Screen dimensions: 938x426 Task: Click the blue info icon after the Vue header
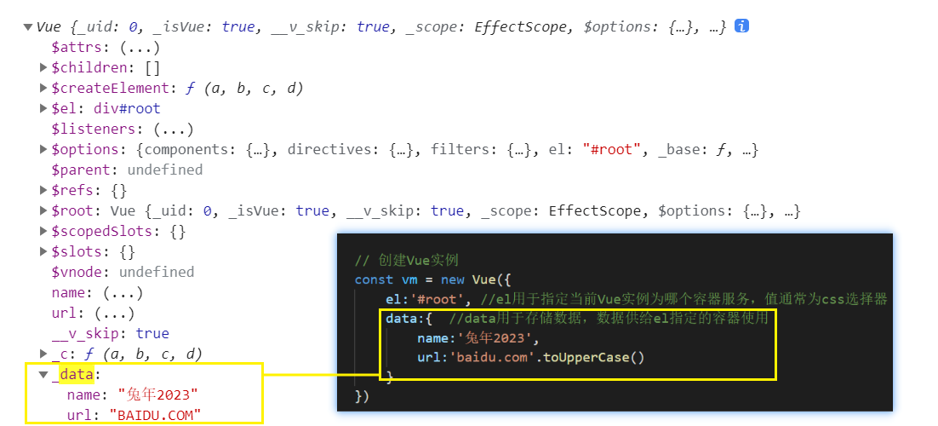click(741, 26)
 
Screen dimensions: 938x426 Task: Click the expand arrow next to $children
click(43, 67)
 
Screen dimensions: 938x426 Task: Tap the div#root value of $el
click(126, 108)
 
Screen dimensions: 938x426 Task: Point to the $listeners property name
click(94, 129)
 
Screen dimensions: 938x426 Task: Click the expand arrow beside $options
click(43, 149)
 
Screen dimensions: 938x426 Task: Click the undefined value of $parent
click(165, 170)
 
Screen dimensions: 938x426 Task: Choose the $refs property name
click(76, 190)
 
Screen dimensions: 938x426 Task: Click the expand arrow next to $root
click(43, 210)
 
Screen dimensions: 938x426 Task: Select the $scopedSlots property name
click(100, 231)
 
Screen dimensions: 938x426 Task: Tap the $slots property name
click(79, 251)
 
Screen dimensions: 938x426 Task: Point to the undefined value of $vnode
click(157, 272)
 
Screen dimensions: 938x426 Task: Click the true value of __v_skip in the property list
click(152, 333)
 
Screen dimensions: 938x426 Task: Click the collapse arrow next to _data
click(43, 374)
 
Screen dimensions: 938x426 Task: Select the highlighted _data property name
click(75, 374)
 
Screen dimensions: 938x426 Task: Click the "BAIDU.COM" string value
click(155, 415)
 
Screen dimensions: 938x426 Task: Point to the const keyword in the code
click(374, 279)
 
